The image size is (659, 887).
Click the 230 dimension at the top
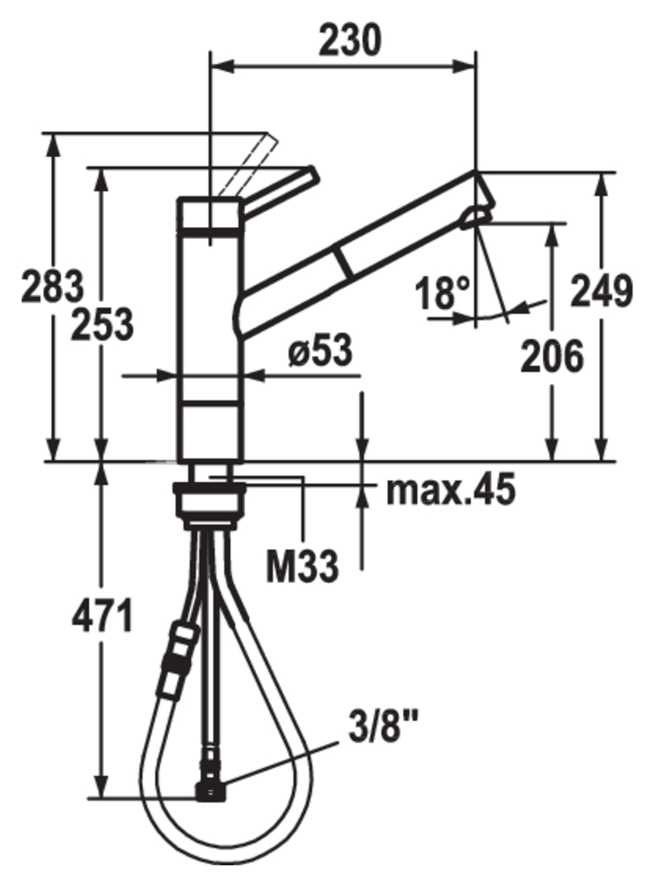(350, 42)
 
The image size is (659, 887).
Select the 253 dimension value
(102, 324)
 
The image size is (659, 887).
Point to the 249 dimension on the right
(601, 291)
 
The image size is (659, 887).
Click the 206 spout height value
(552, 356)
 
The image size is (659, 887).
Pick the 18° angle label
(443, 293)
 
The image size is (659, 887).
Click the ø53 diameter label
(320, 350)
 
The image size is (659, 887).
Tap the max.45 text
(451, 489)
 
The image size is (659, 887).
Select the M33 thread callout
(302, 565)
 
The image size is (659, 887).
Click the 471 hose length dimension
(102, 616)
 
